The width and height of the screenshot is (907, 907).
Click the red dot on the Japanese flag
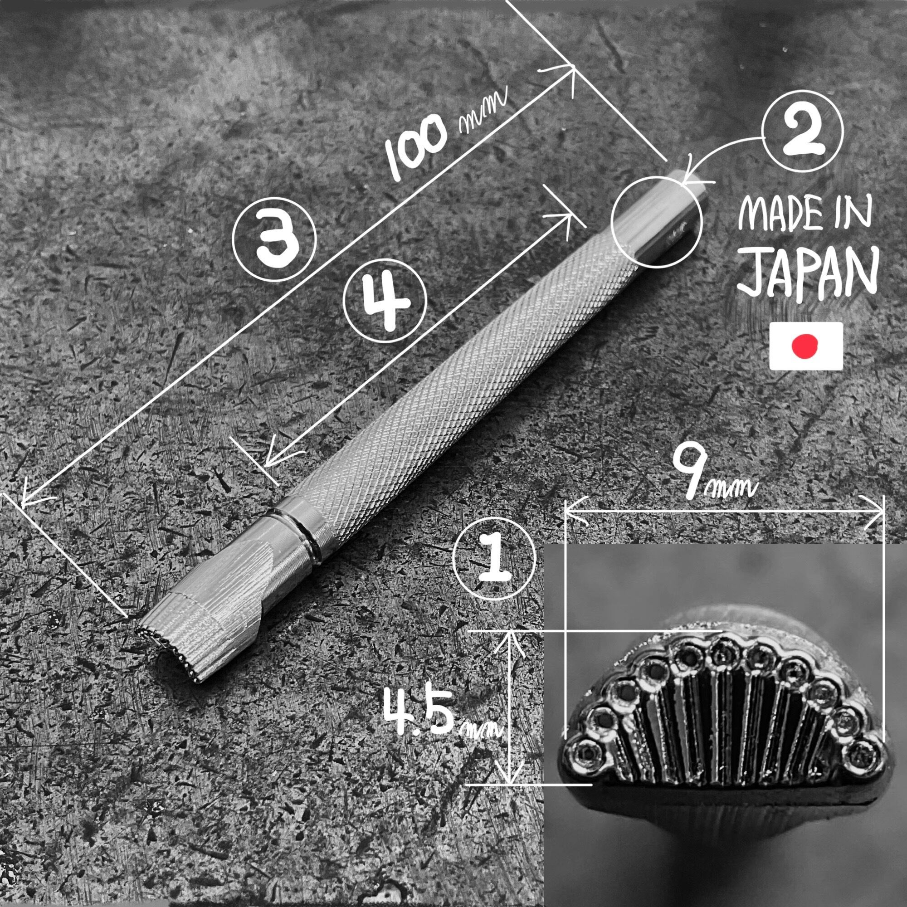tap(805, 346)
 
